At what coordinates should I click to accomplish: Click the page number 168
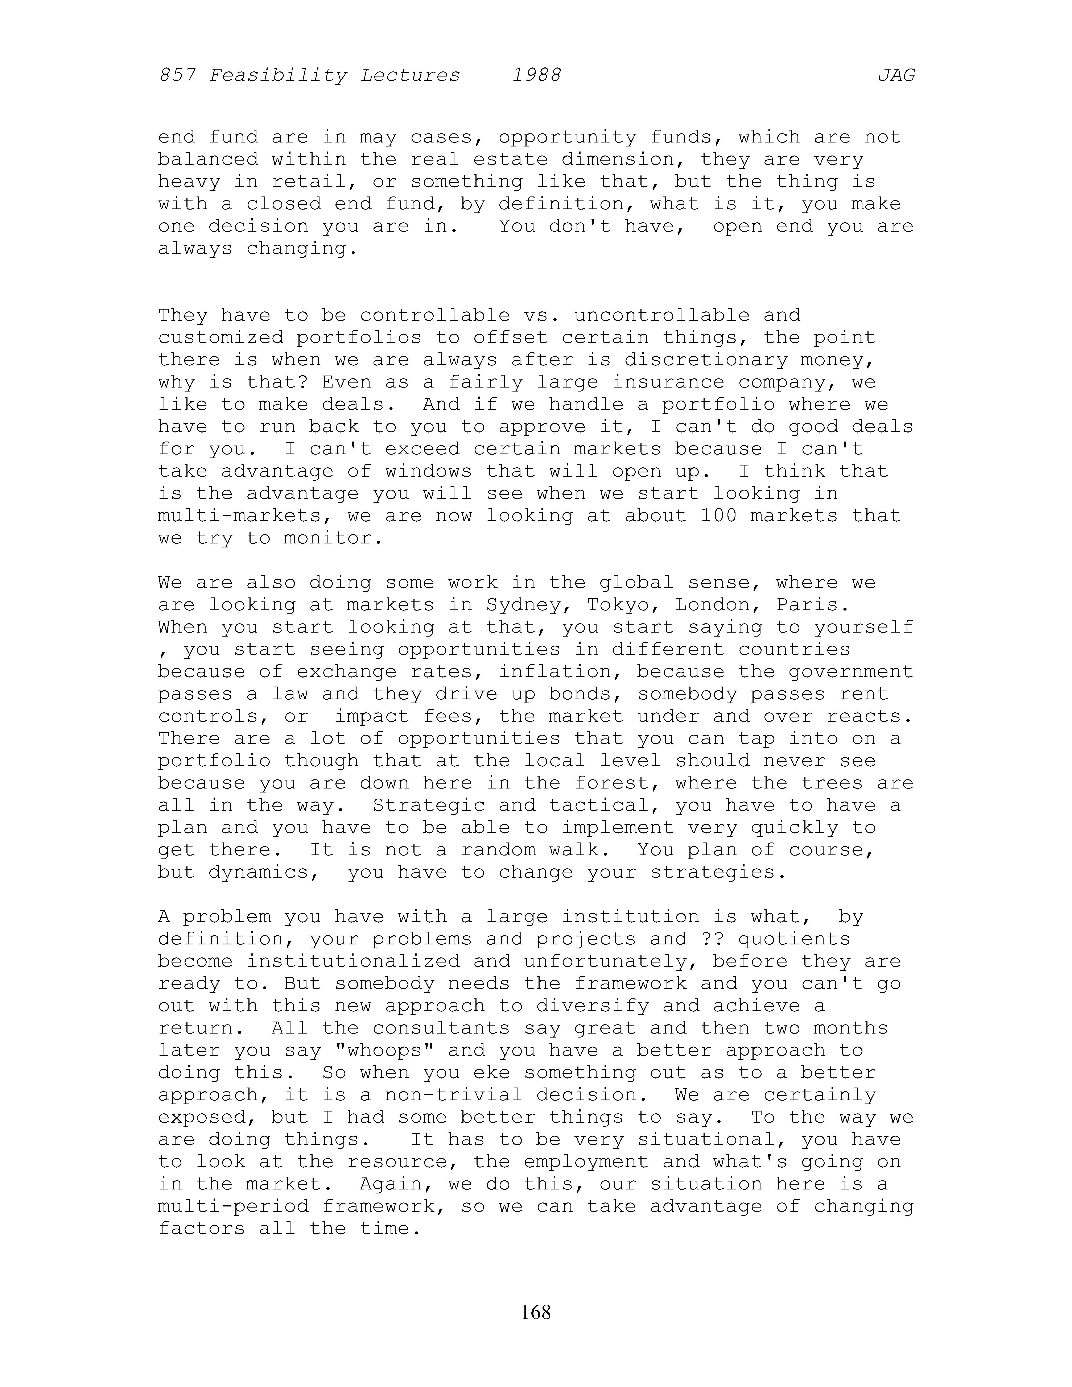coord(535,1312)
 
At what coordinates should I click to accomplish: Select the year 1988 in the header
coord(537,76)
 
